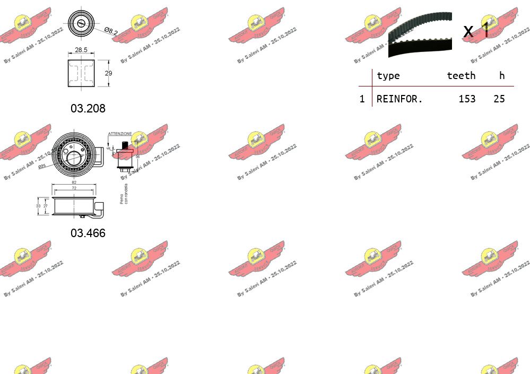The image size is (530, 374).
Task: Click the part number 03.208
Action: click(x=88, y=108)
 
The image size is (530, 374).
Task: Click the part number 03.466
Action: click(x=88, y=233)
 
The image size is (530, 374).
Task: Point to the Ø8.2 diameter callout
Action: click(x=110, y=31)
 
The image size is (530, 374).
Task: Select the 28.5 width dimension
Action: click(x=81, y=49)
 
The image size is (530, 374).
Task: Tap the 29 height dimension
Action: click(x=108, y=73)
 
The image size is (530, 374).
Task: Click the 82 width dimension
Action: click(x=74, y=182)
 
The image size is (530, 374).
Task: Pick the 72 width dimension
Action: click(x=74, y=188)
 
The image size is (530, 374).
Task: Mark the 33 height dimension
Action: click(x=38, y=205)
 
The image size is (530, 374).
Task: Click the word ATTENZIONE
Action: click(x=120, y=134)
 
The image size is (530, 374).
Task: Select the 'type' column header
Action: click(x=388, y=75)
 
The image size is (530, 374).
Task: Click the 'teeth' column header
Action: click(x=461, y=75)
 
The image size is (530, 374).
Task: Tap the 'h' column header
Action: click(x=501, y=75)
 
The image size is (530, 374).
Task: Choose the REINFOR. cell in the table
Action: click(x=399, y=99)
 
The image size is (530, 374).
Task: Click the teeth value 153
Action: click(x=467, y=99)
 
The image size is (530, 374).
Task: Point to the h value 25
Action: click(x=499, y=99)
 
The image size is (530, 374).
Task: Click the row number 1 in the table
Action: click(x=362, y=99)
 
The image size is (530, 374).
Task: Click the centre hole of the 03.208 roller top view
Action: click(x=81, y=23)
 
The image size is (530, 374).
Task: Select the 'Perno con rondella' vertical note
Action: click(x=124, y=194)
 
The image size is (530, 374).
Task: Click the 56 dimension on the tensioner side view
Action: click(x=137, y=156)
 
